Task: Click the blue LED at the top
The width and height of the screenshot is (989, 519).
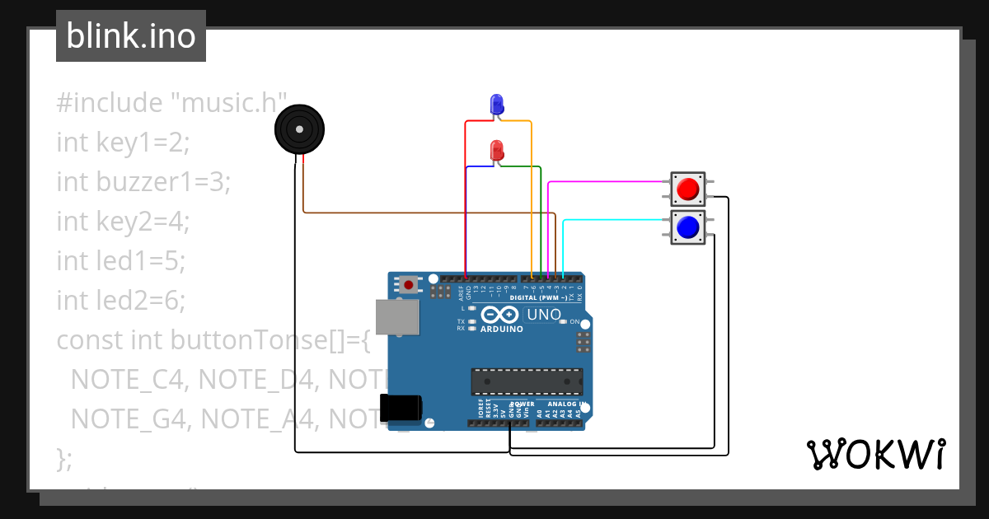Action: tap(497, 104)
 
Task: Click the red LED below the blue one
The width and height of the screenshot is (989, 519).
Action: tap(497, 151)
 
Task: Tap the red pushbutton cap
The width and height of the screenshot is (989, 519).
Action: tap(687, 189)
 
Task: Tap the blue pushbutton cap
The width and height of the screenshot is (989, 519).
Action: tap(687, 226)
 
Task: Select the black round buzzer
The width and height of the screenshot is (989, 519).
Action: tap(299, 129)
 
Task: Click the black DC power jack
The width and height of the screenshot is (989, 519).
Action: tap(402, 409)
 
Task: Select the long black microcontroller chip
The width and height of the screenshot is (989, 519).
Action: tap(527, 381)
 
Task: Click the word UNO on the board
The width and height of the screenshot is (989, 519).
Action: tap(543, 314)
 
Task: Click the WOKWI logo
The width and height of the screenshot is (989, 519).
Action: tap(875, 454)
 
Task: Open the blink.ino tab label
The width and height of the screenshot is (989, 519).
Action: tap(130, 36)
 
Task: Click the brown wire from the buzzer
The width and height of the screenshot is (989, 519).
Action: tap(429, 213)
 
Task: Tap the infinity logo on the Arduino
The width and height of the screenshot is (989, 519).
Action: tap(500, 315)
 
